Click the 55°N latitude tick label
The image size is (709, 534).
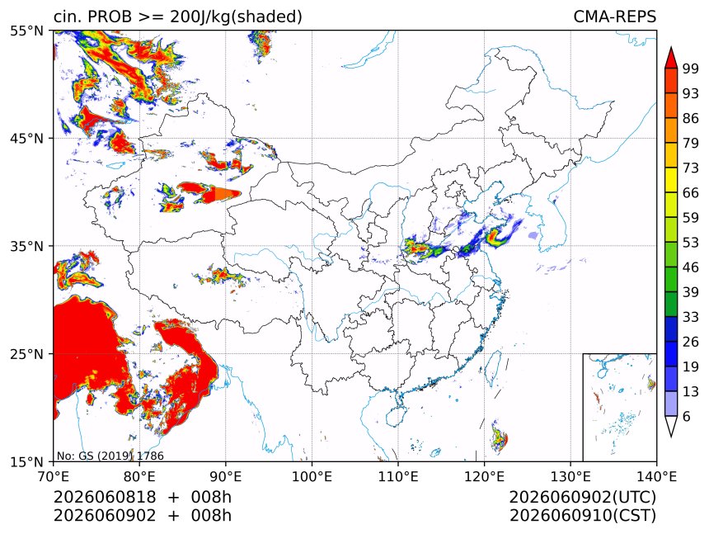[26, 31]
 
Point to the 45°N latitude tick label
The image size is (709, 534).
[26, 138]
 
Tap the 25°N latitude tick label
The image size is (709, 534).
[26, 353]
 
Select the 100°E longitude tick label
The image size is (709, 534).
[312, 476]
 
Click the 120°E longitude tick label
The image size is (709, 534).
[484, 476]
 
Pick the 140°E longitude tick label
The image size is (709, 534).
[656, 476]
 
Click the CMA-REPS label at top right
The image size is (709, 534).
[614, 17]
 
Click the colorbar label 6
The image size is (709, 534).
[687, 416]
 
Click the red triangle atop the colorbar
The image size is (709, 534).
[671, 58]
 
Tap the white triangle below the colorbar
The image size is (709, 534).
[671, 425]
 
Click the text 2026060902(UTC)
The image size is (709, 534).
[582, 498]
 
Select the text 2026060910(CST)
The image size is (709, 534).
[582, 516]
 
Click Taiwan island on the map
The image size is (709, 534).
[492, 366]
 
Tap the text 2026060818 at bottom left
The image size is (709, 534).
[105, 498]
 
